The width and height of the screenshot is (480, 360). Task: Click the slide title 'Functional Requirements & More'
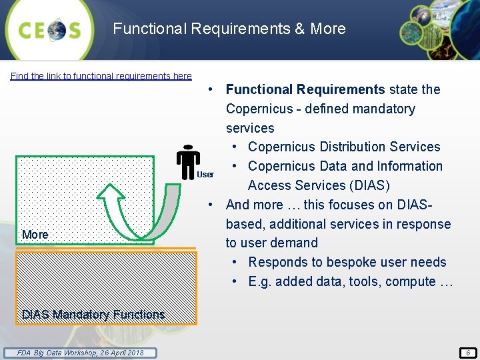(x=229, y=29)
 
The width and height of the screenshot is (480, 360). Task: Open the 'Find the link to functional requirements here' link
(x=101, y=76)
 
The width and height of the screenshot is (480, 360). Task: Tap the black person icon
(x=188, y=161)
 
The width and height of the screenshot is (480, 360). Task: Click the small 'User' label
(x=206, y=175)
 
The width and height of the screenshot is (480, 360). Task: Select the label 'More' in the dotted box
(x=35, y=235)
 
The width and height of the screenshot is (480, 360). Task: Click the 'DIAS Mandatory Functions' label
(x=93, y=314)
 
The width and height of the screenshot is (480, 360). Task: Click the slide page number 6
(x=468, y=353)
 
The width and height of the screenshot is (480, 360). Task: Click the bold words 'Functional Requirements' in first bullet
(x=305, y=89)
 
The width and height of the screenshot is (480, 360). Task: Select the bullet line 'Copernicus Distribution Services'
(x=344, y=147)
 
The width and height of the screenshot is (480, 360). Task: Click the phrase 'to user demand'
(x=271, y=243)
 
